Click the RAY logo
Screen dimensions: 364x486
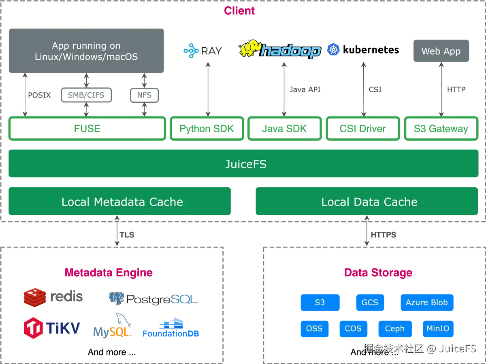pos(202,51)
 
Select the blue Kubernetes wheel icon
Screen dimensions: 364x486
pos(333,50)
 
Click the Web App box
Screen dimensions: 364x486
pos(441,51)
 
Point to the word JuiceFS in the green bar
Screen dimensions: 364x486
pos(246,164)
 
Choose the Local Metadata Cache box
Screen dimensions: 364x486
pos(120,201)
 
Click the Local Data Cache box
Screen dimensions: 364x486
pos(366,201)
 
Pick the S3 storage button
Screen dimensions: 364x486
pos(320,303)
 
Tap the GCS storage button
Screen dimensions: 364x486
pos(370,303)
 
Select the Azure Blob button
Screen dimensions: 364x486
pos(426,303)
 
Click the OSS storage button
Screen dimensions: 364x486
pos(314,328)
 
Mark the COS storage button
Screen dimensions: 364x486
pos(353,328)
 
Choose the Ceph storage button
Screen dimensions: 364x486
pos(395,328)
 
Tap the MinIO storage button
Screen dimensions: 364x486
pos(438,328)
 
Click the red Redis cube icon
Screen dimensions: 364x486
pos(34,297)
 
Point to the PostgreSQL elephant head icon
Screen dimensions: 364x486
pos(116,298)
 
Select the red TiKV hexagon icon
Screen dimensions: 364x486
pos(34,328)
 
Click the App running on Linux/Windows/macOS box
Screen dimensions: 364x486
pos(86,51)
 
